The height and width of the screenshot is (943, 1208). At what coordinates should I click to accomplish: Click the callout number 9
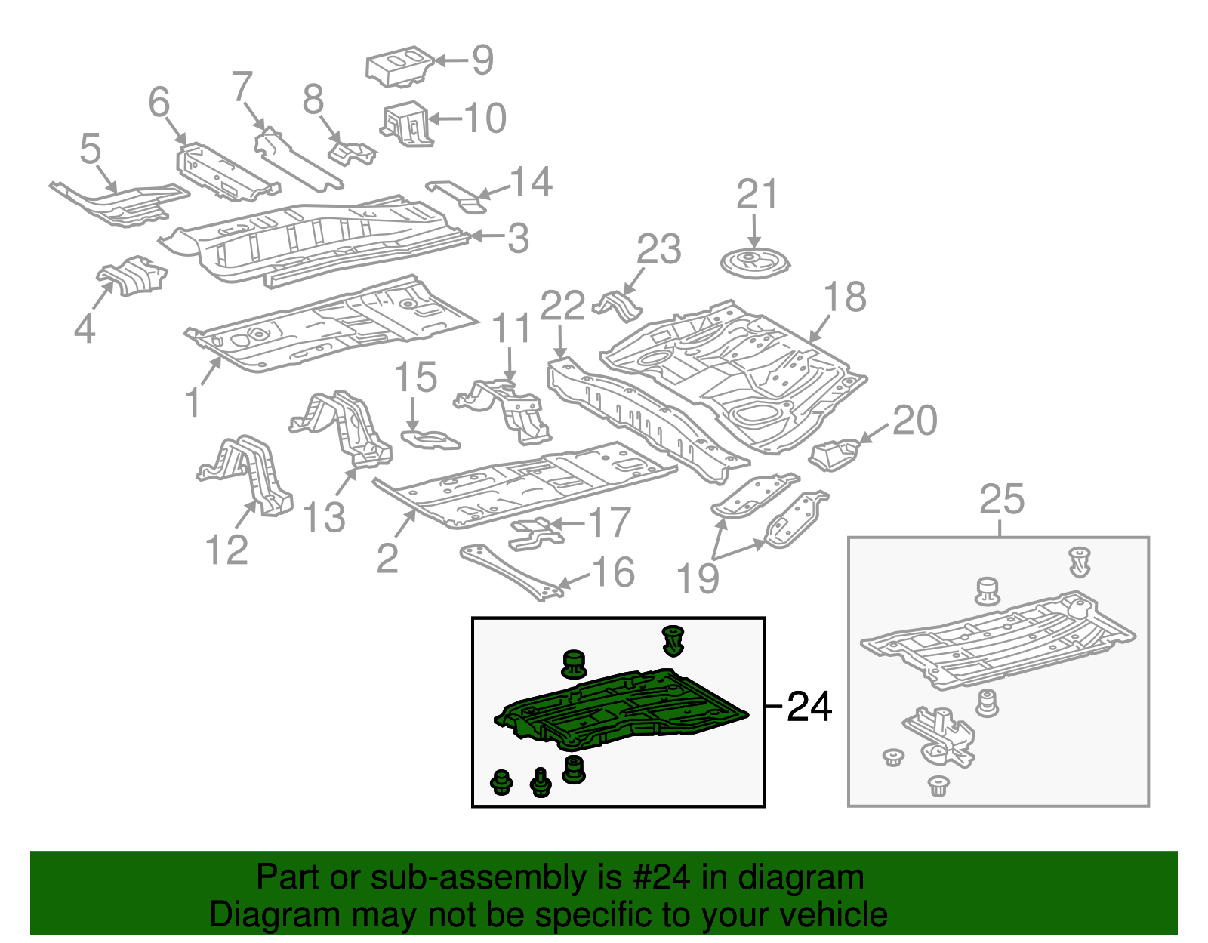click(482, 60)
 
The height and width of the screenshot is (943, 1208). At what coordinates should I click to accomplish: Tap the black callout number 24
click(809, 707)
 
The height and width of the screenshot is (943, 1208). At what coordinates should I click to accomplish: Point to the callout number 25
click(1002, 500)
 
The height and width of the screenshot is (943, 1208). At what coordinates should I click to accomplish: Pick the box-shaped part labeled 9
click(399, 66)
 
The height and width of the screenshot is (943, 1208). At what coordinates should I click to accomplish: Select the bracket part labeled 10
click(408, 123)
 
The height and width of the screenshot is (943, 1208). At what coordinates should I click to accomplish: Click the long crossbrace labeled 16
click(512, 572)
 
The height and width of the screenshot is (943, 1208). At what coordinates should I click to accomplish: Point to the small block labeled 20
click(834, 453)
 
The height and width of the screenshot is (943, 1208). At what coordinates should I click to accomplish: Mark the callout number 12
click(226, 550)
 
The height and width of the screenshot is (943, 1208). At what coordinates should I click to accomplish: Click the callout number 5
click(90, 149)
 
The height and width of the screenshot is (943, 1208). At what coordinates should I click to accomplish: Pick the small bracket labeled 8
click(350, 151)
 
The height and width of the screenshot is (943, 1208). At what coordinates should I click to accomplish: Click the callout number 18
click(844, 297)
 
